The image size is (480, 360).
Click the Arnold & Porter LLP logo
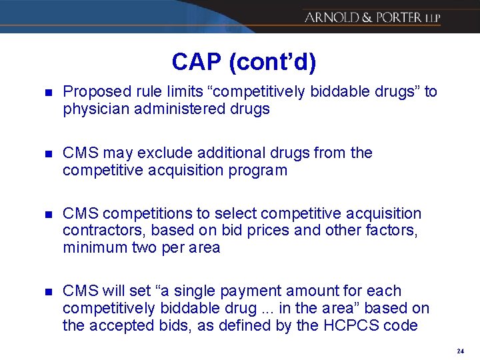click(x=372, y=17)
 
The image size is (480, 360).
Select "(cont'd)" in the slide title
click(x=273, y=62)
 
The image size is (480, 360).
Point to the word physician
click(x=95, y=109)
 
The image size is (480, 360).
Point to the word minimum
click(x=92, y=248)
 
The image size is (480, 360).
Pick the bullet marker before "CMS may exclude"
click(x=44, y=153)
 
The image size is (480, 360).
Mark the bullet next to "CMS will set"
click(x=44, y=292)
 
